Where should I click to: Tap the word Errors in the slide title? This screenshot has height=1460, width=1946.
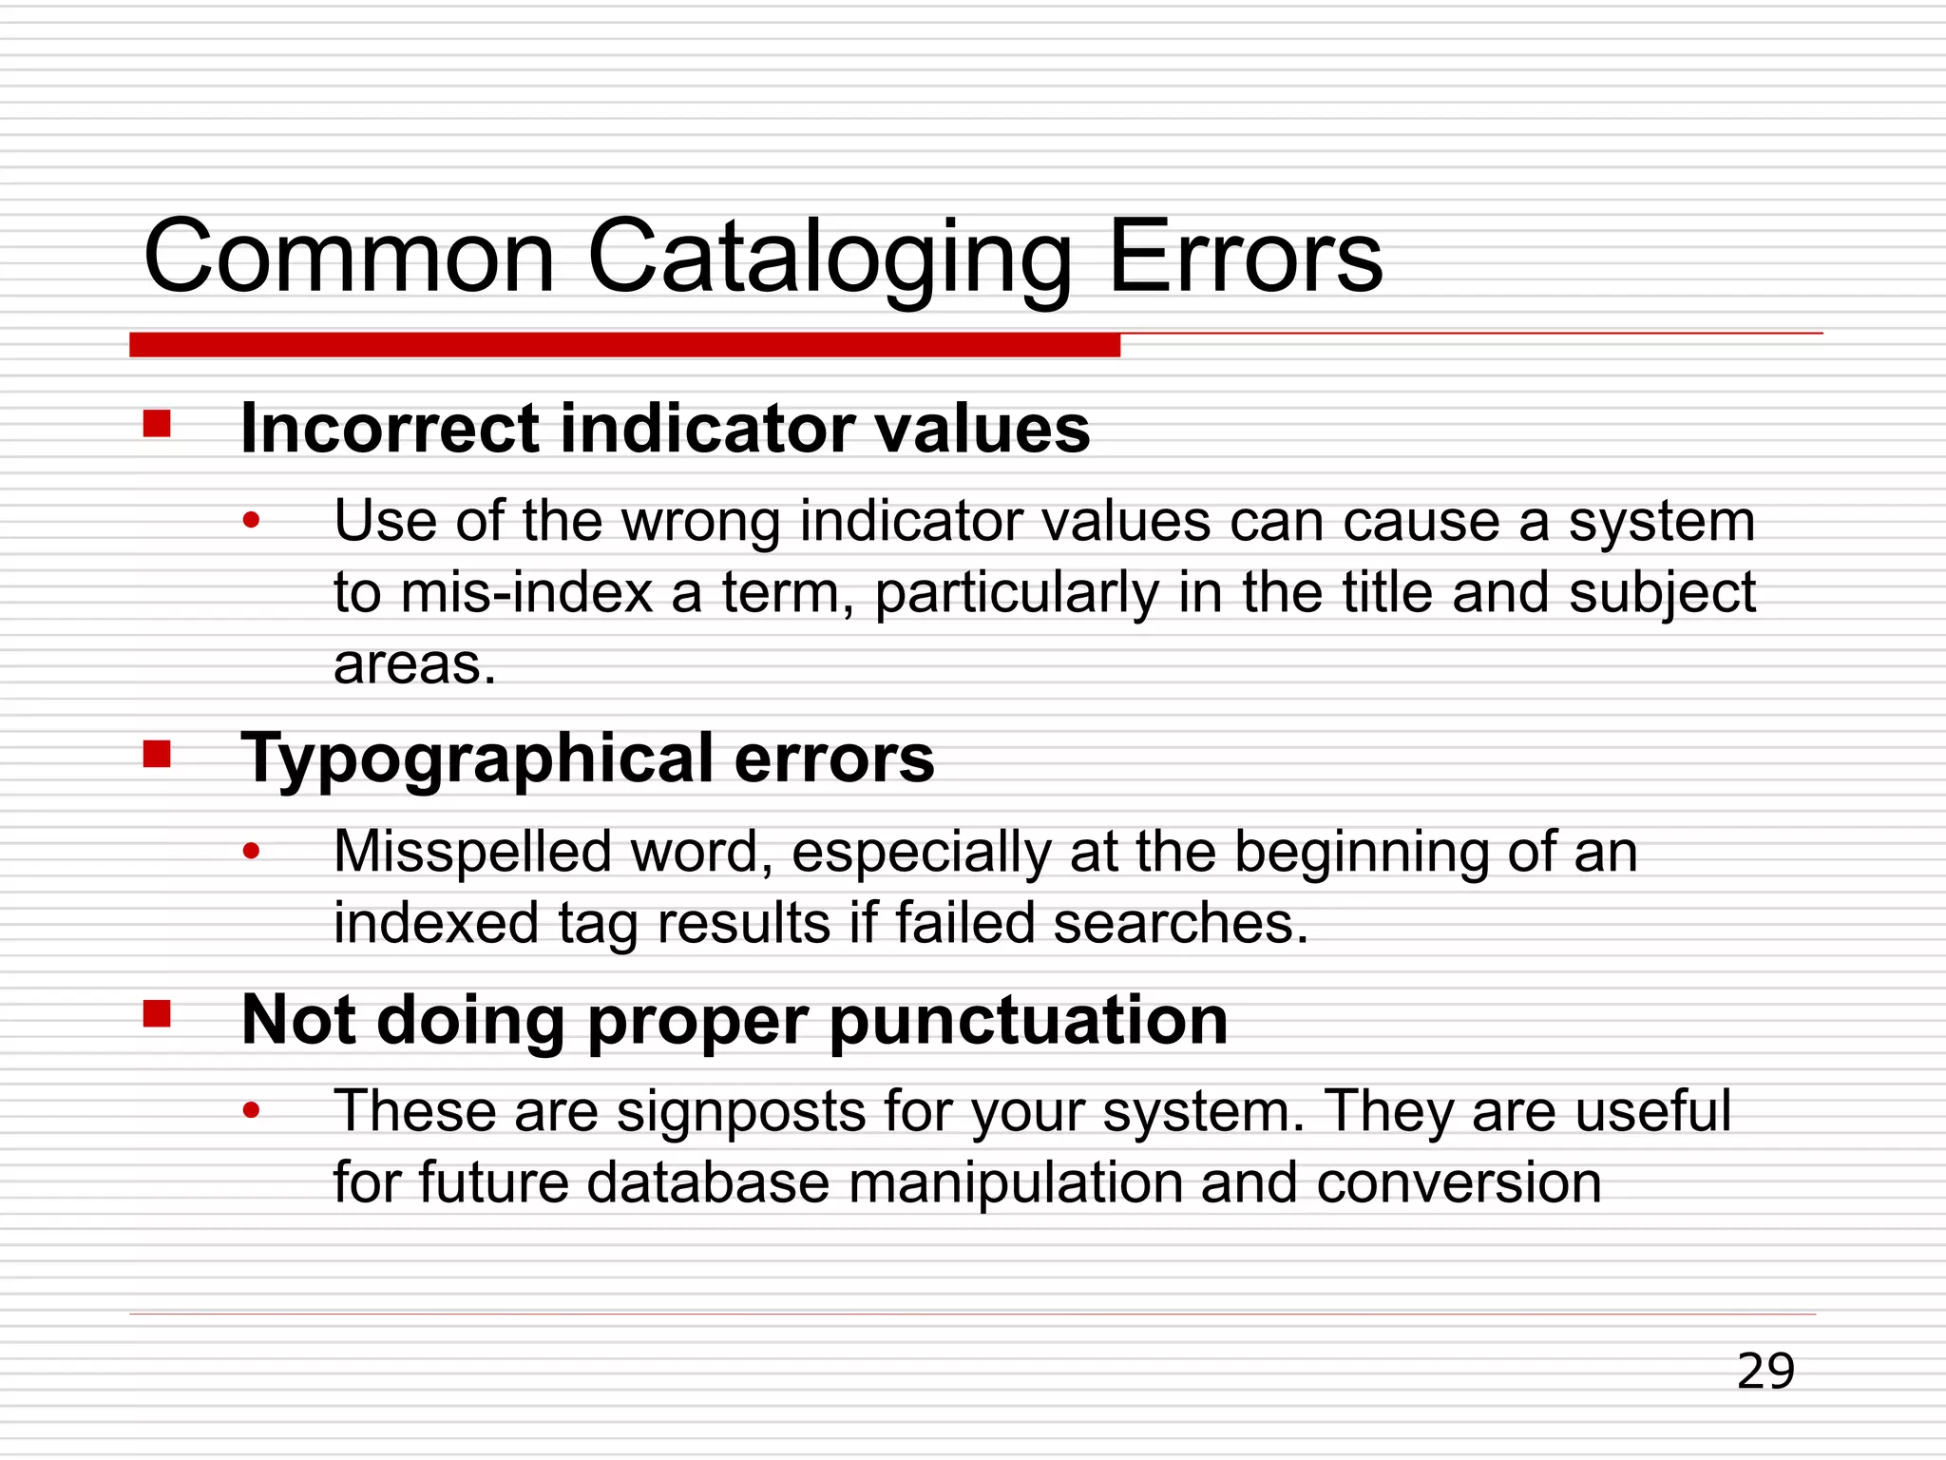[1246, 257]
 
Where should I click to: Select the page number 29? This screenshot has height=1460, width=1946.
[1765, 1372]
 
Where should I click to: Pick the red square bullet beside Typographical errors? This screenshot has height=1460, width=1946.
[157, 754]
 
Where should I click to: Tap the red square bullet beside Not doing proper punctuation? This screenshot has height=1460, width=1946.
[157, 1014]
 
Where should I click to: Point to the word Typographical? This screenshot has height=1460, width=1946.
[476, 760]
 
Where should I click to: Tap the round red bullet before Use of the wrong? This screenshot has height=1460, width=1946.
[251, 521]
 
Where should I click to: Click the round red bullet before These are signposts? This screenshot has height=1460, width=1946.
[251, 1110]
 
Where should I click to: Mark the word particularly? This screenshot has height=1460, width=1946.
[1017, 594]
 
